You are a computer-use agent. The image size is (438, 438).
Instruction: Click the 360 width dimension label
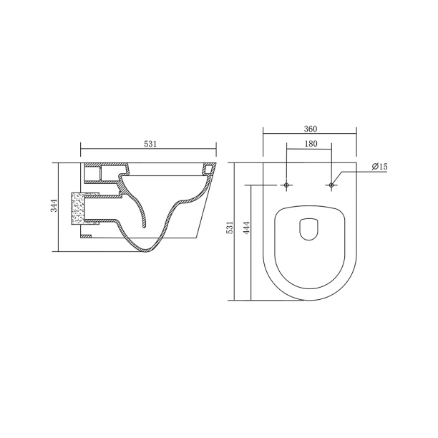click(x=311, y=130)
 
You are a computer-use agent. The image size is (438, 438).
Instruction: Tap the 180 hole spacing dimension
click(x=311, y=144)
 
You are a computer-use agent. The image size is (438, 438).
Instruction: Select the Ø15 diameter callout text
click(x=379, y=167)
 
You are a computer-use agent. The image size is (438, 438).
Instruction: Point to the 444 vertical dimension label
click(x=247, y=228)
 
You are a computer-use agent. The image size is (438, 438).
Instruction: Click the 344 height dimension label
click(x=54, y=205)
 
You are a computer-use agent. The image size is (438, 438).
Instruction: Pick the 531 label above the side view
click(x=150, y=144)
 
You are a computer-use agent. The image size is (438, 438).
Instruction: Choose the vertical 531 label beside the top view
click(x=229, y=228)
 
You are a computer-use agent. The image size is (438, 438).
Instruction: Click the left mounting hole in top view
click(x=286, y=185)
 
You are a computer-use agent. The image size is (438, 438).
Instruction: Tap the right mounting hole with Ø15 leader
click(x=331, y=185)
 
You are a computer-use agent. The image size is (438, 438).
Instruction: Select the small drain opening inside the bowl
click(x=309, y=229)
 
